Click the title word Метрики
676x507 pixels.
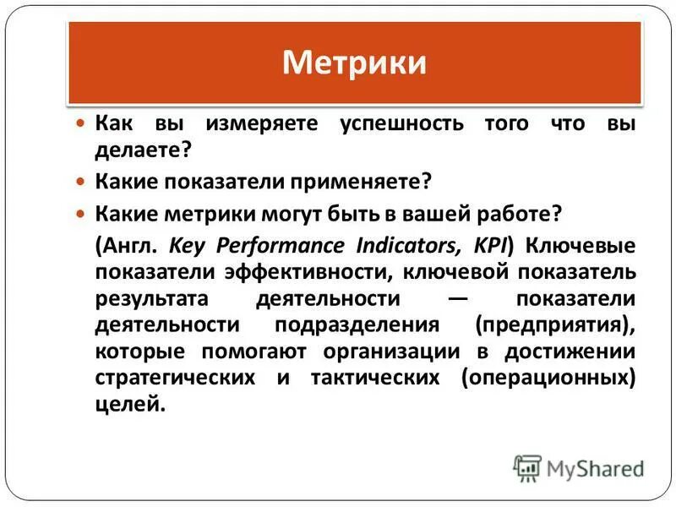pyautogui.click(x=354, y=63)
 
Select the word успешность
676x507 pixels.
pyautogui.click(x=402, y=124)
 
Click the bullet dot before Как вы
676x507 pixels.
pyautogui.click(x=81, y=124)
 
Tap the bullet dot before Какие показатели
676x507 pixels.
pyautogui.click(x=81, y=182)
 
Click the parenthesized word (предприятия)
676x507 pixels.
pyautogui.click(x=554, y=326)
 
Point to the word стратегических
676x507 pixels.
pyautogui.click(x=175, y=379)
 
